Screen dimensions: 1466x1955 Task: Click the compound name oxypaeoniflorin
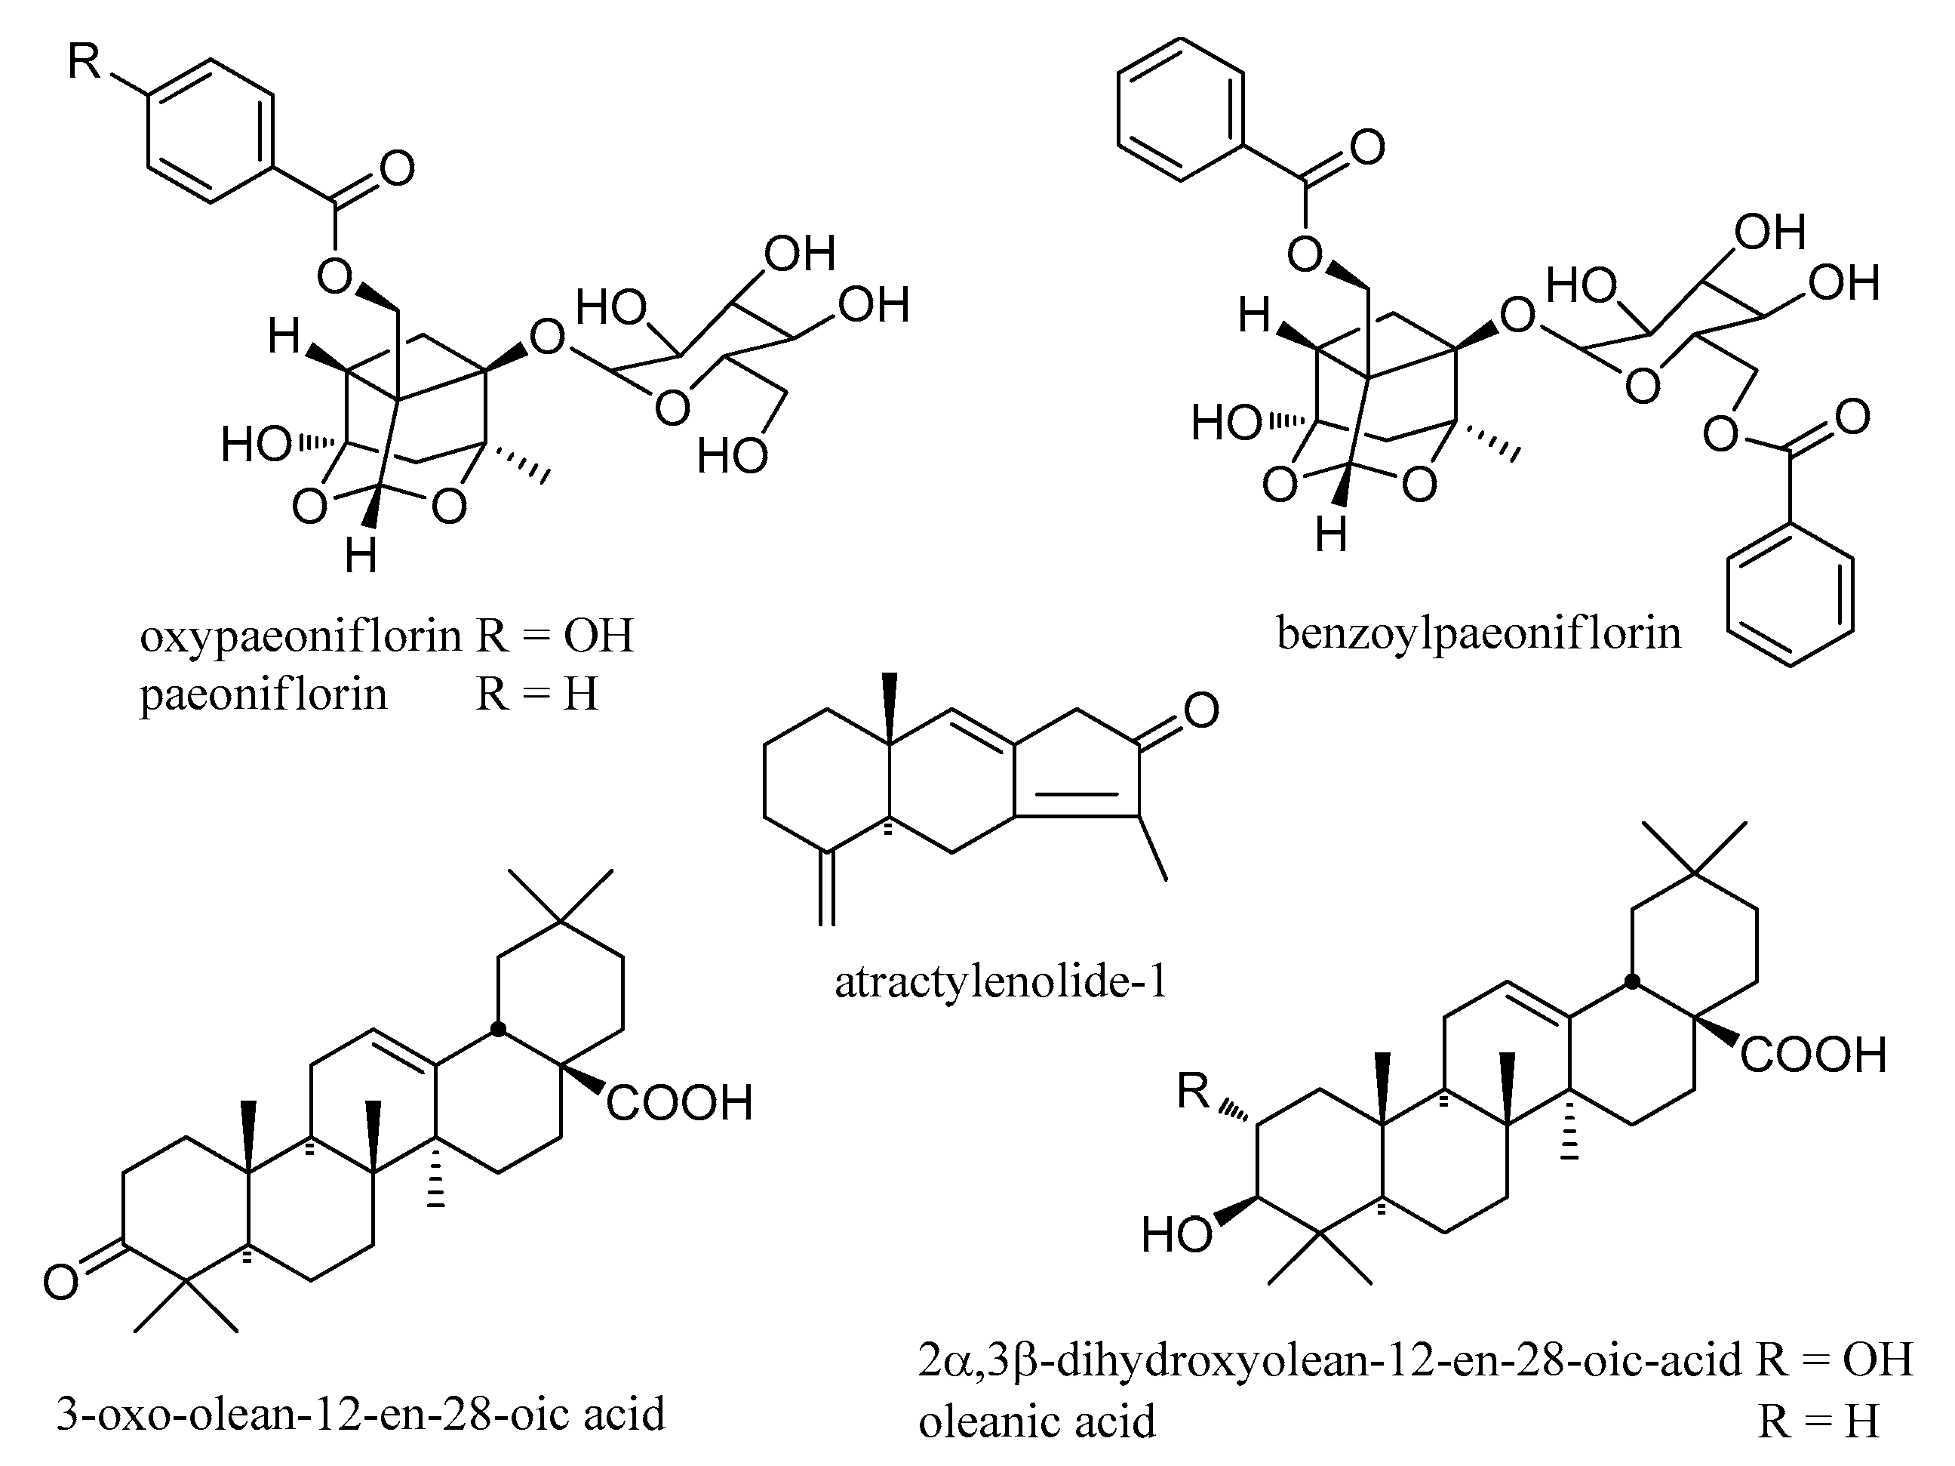coord(300,636)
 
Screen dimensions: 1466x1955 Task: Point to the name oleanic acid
coord(1037,1421)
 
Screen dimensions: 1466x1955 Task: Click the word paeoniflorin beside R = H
coord(263,694)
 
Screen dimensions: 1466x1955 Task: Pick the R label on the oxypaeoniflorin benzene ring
coord(85,63)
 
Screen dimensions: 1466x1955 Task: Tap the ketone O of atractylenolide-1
coord(1200,711)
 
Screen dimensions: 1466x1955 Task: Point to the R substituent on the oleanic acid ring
coord(1193,1092)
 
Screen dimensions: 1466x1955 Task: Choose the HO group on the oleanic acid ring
coord(1176,1234)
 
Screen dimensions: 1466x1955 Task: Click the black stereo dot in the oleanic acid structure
coord(1632,981)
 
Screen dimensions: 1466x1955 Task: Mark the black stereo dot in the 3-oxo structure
coord(499,1029)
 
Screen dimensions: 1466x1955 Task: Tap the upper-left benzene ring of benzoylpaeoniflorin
coord(1181,109)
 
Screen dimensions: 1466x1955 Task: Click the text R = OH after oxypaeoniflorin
coord(555,636)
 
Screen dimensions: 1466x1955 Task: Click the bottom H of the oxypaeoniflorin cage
coord(361,557)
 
